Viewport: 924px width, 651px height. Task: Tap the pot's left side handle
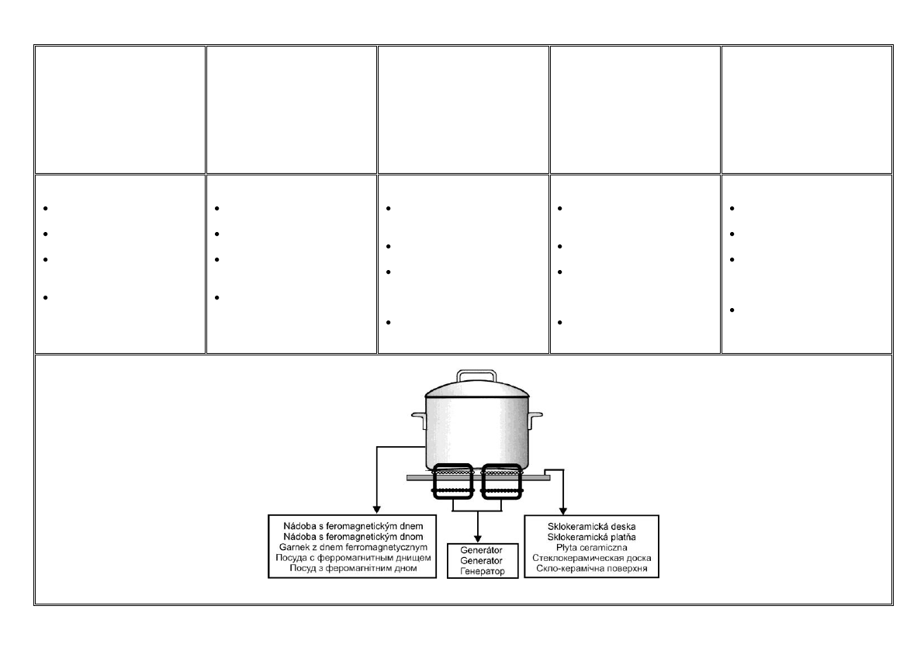tap(419, 421)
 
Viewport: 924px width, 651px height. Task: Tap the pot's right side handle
tap(534, 421)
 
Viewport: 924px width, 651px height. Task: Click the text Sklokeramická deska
tap(592, 527)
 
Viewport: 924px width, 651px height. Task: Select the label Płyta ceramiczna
tap(592, 547)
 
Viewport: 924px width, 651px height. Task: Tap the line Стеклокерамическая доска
tap(592, 557)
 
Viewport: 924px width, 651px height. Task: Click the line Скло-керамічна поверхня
tap(592, 568)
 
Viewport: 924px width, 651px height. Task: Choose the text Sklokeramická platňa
tap(592, 537)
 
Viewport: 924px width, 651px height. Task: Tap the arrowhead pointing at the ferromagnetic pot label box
tap(378, 509)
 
